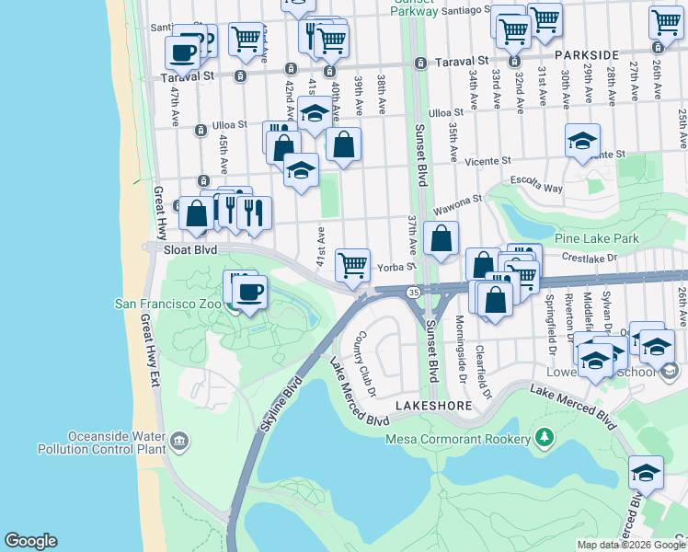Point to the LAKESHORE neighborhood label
coord(434,405)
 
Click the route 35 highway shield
coord(413,292)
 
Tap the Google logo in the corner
coord(30,541)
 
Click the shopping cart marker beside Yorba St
coord(352,265)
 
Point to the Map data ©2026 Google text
coord(630,544)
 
